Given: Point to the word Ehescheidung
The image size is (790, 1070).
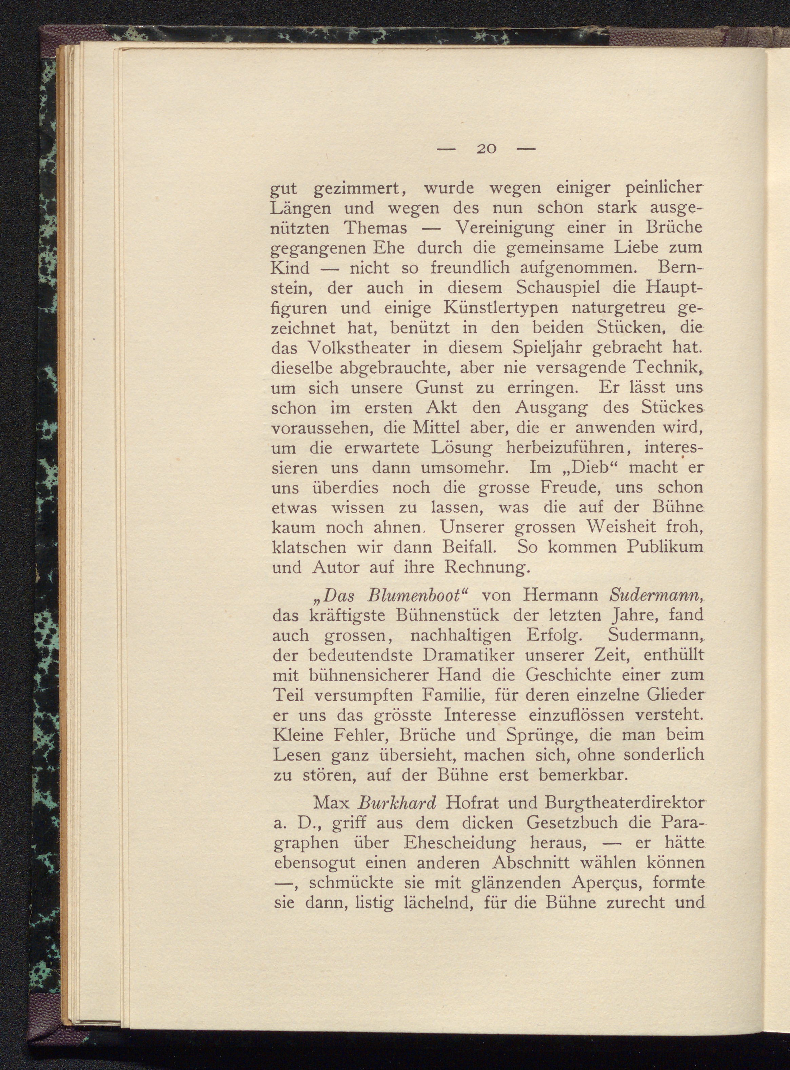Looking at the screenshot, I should [459, 843].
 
